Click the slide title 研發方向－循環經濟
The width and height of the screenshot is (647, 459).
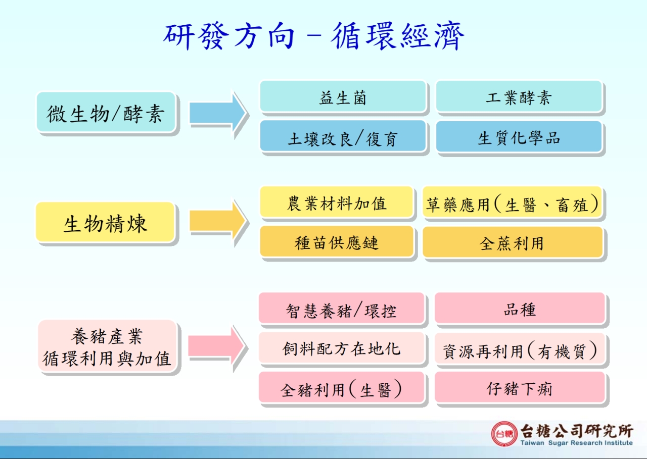(x=314, y=36)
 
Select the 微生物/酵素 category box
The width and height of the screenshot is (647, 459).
(x=106, y=112)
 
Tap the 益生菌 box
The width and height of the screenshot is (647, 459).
(x=343, y=96)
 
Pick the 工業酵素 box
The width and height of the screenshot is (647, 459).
(x=519, y=96)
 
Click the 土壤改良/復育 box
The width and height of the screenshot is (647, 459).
(x=343, y=136)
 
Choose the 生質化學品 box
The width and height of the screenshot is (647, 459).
(x=519, y=136)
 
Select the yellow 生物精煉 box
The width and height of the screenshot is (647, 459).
(x=105, y=222)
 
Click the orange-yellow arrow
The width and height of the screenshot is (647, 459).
(x=218, y=221)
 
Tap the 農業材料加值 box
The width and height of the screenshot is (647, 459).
(x=337, y=201)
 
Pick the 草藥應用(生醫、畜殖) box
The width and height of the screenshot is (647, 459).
(x=512, y=201)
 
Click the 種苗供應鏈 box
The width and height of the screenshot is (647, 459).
(x=337, y=241)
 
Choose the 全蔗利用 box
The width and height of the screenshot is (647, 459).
(x=512, y=241)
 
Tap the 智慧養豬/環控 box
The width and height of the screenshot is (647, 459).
(x=341, y=308)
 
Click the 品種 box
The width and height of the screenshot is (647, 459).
(x=520, y=308)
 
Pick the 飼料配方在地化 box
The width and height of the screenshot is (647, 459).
(x=341, y=347)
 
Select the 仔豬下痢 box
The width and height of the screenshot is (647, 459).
(x=520, y=387)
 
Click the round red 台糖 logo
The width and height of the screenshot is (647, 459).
(x=504, y=434)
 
